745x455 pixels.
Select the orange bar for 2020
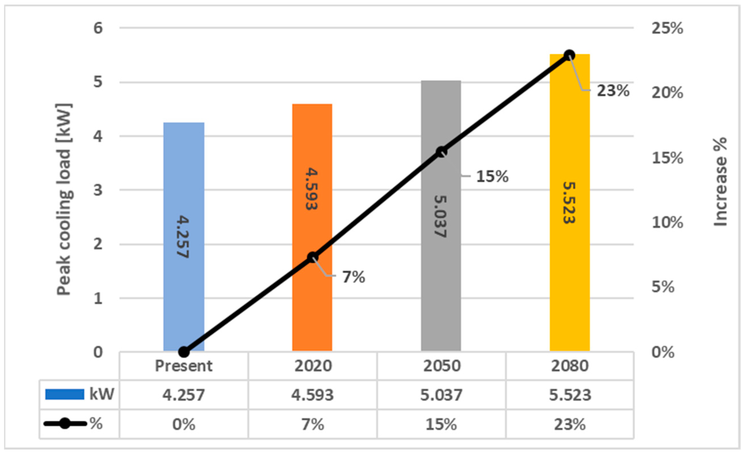tap(312, 302)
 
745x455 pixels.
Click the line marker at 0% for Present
tap(184, 352)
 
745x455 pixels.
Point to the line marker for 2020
tap(313, 257)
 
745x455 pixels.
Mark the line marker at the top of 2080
tap(570, 55)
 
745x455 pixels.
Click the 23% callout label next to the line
tap(613, 91)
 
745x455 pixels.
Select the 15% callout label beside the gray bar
tap(492, 176)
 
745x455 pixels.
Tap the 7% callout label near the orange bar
tap(353, 277)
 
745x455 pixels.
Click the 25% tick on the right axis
tap(667, 29)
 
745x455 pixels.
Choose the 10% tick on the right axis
tap(667, 223)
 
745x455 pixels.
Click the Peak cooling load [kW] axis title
tap(64, 200)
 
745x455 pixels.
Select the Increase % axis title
tap(720, 182)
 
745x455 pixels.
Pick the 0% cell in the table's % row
tap(184, 424)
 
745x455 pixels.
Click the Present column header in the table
tap(184, 366)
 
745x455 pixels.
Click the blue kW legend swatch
tap(65, 394)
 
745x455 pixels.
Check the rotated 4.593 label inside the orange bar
tap(312, 189)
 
